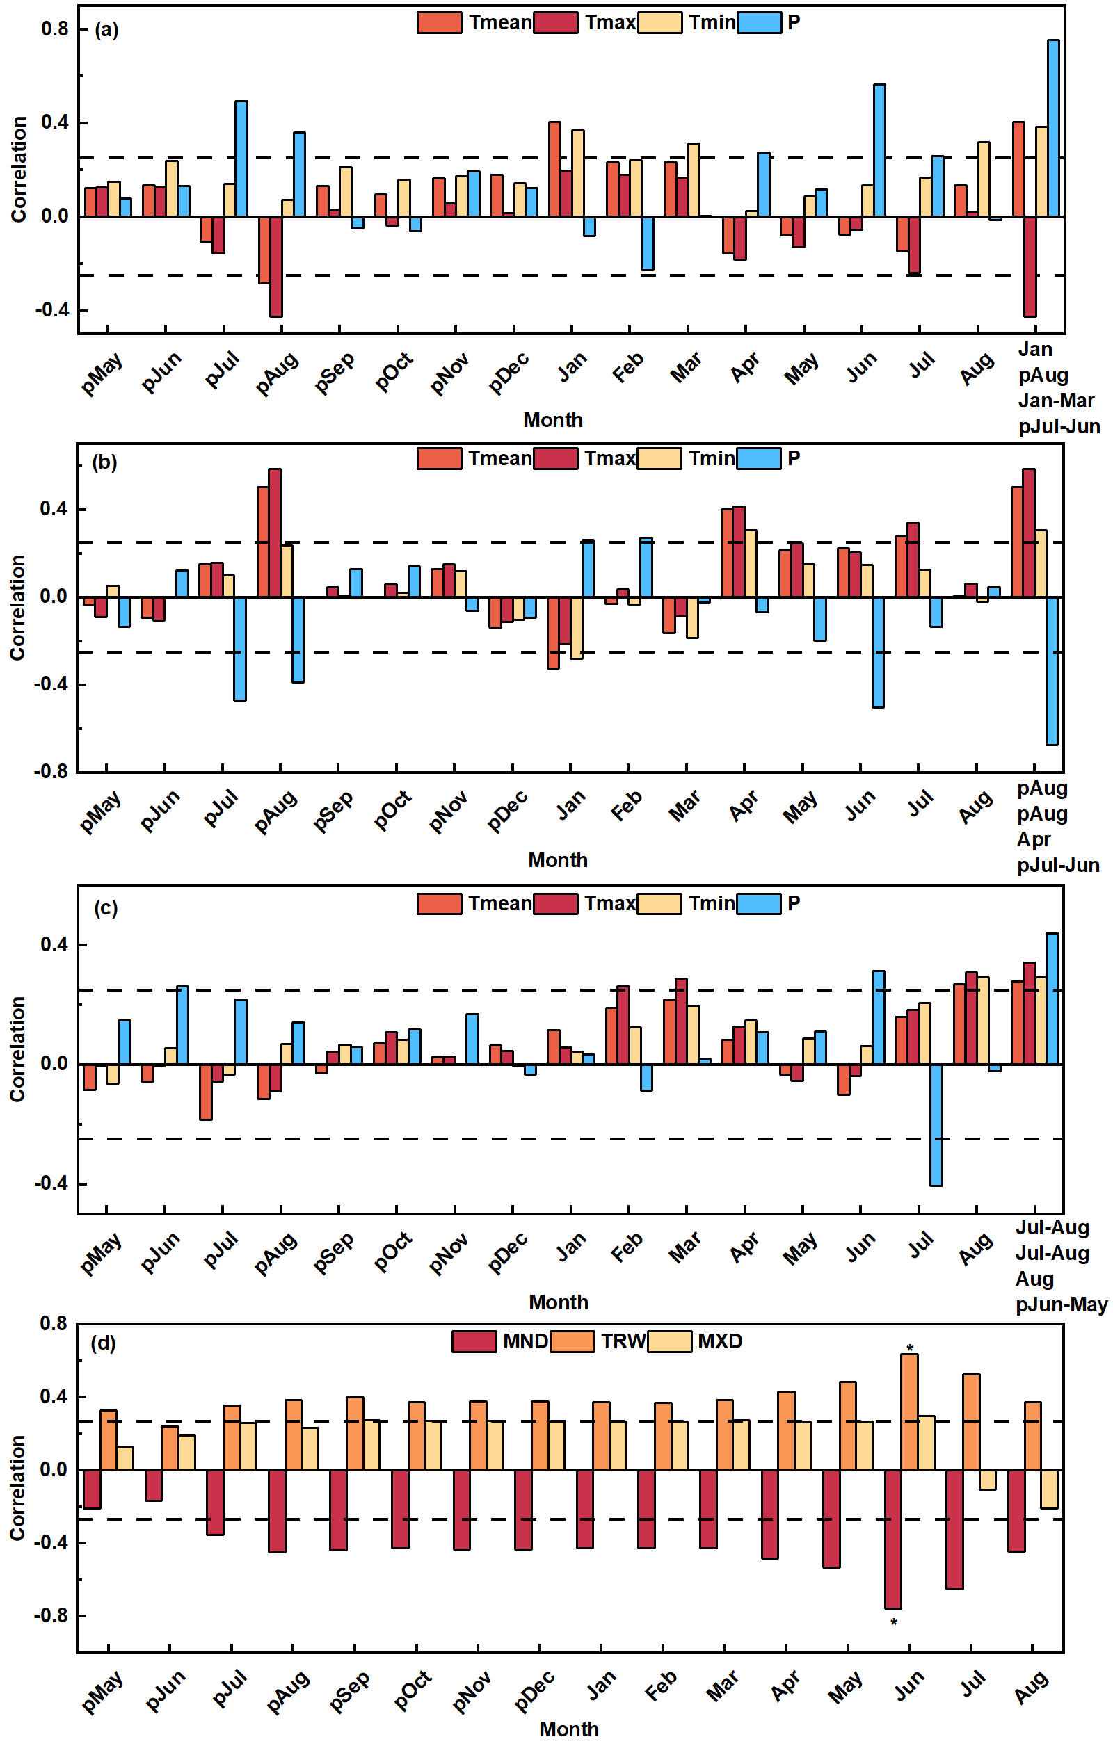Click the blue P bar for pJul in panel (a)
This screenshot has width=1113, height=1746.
click(x=241, y=159)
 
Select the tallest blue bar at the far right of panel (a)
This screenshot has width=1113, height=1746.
click(x=1052, y=129)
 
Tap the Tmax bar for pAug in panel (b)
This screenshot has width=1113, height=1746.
click(x=274, y=533)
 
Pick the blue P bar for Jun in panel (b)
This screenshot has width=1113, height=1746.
click(x=878, y=652)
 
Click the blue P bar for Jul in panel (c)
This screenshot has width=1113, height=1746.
click(x=936, y=1124)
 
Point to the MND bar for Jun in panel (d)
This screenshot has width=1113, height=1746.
click(x=893, y=1539)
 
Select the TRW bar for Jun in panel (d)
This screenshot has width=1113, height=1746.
click(x=909, y=1412)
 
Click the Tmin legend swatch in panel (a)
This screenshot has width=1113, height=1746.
click(x=659, y=23)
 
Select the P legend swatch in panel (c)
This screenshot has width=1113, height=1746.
click(x=759, y=903)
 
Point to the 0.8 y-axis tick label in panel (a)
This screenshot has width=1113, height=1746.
click(x=54, y=29)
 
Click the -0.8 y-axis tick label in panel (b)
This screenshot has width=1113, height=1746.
click(x=51, y=772)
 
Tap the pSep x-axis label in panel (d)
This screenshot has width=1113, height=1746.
click(x=351, y=1690)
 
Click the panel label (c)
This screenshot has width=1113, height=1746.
click(x=106, y=908)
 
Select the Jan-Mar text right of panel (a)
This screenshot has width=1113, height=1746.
click(x=1056, y=401)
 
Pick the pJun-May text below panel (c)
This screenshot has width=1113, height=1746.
click(x=1061, y=1305)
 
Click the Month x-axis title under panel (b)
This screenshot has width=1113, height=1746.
click(x=557, y=860)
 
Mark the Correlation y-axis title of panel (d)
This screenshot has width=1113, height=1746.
click(x=17, y=1487)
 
